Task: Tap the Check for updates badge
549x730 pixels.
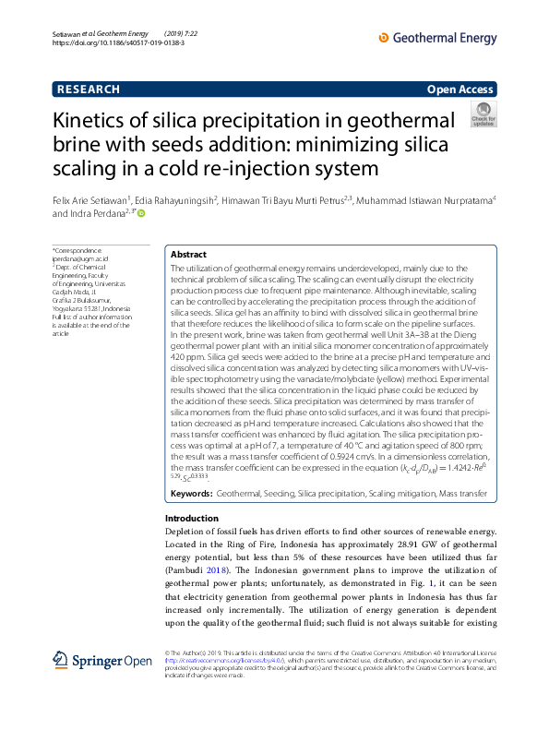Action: coord(483,115)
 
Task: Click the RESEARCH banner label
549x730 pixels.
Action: coord(89,90)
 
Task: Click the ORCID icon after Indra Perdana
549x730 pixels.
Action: coord(142,213)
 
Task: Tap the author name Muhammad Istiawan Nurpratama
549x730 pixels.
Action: coord(425,198)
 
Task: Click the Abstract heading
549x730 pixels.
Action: coord(188,255)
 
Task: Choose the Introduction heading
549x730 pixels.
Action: coord(191,519)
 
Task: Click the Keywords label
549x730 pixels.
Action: coord(192,495)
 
